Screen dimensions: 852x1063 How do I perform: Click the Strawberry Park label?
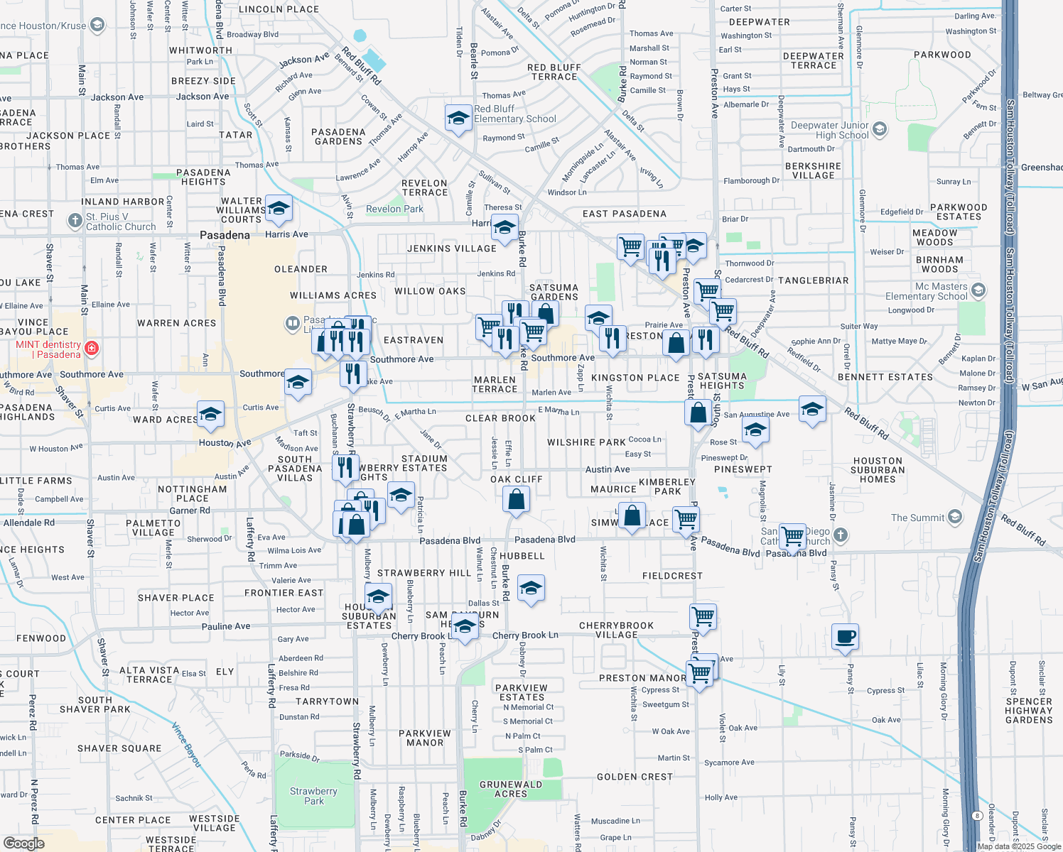click(x=313, y=796)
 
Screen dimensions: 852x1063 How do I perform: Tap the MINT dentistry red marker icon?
click(x=91, y=349)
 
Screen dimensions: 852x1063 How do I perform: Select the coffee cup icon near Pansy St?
click(x=845, y=636)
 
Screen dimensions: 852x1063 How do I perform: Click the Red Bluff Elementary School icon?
click(x=458, y=118)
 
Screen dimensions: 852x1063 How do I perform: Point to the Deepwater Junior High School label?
click(x=829, y=130)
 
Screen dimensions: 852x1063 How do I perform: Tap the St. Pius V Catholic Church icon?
click(x=75, y=221)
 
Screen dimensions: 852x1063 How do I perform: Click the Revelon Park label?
click(x=394, y=209)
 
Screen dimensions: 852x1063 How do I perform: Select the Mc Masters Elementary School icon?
click(x=978, y=290)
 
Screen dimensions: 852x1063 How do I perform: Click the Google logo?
click(x=23, y=843)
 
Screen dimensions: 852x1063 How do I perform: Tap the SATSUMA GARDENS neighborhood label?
click(x=554, y=293)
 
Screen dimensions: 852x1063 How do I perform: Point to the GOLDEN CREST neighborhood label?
click(x=635, y=777)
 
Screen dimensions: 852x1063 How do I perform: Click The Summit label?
click(x=918, y=518)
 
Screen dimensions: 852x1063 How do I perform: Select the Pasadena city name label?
click(x=225, y=235)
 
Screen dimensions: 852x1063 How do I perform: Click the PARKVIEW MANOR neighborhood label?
click(x=425, y=738)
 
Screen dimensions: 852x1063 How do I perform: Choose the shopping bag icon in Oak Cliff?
click(x=517, y=500)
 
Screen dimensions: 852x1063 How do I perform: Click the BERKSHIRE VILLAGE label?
click(x=814, y=170)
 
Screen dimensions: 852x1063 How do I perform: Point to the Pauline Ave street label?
click(x=226, y=626)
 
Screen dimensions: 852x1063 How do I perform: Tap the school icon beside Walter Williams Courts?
click(x=279, y=209)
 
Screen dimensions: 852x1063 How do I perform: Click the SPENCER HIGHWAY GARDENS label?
click(x=1028, y=711)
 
